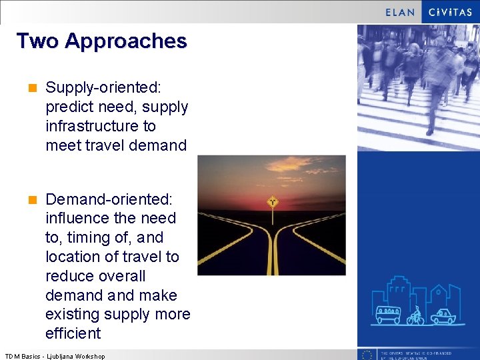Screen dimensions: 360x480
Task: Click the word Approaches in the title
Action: tap(126, 41)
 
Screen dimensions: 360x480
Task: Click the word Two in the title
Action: tap(37, 41)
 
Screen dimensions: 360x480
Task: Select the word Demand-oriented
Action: tap(109, 199)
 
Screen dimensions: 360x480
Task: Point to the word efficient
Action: tap(73, 333)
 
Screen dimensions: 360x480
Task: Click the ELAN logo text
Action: tap(400, 12)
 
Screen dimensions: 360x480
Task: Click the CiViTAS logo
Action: tap(451, 12)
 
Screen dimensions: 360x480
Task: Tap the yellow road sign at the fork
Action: tap(272, 201)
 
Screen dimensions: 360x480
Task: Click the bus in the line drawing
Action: tap(388, 314)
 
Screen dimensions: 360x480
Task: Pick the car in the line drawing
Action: tap(443, 315)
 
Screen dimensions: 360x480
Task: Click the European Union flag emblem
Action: tap(366, 355)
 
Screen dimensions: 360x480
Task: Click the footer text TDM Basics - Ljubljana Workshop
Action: tap(55, 356)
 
